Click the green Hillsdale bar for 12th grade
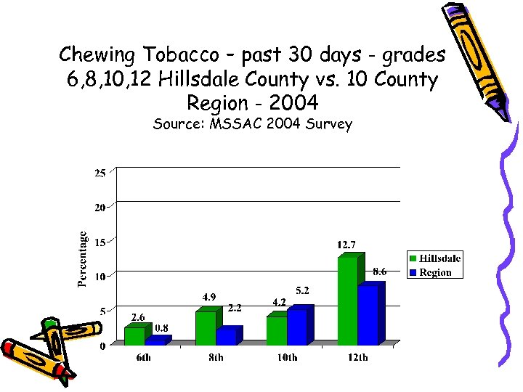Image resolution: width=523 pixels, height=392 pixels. (347, 301)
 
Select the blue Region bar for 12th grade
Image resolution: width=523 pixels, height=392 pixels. (368, 315)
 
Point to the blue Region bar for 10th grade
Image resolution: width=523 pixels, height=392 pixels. (297, 327)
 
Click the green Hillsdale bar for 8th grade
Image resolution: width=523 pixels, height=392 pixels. (206, 328)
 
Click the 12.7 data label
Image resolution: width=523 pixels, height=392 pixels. (346, 245)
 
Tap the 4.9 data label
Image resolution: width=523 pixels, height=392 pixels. (209, 297)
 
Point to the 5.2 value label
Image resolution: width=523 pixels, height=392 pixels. (302, 290)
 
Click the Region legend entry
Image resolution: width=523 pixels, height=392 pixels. (434, 273)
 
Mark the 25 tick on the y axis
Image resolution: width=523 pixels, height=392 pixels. (100, 173)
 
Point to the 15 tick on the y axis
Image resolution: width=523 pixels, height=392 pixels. (100, 242)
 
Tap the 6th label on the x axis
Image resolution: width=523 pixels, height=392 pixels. (143, 358)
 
